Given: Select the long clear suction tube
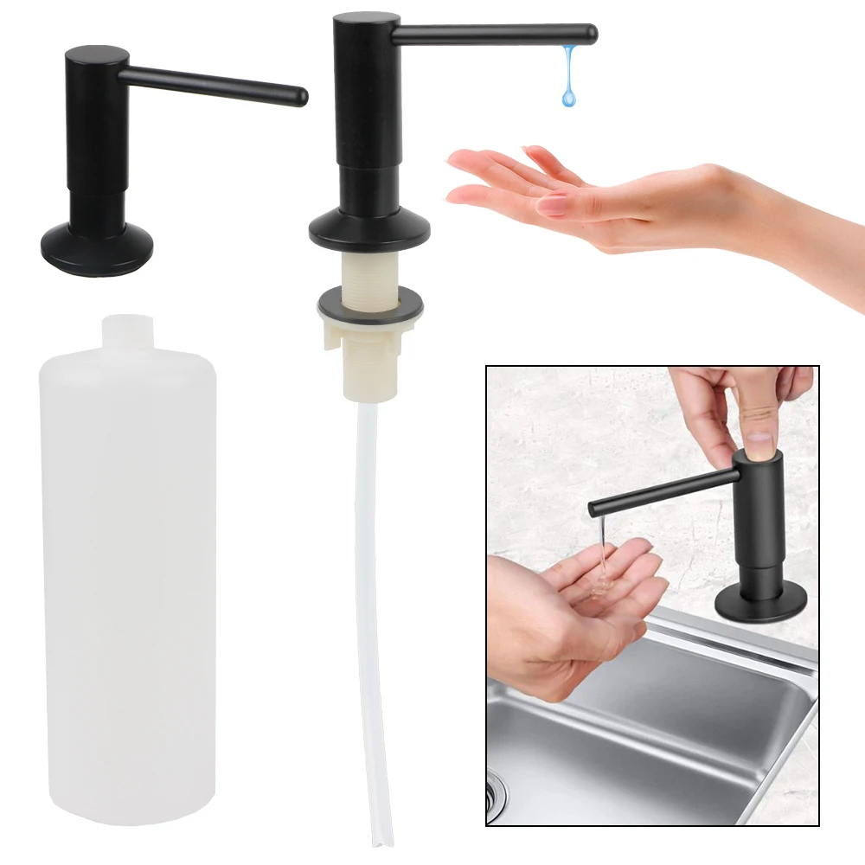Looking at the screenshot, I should (368, 605).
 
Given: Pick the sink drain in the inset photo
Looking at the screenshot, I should (496, 792).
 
